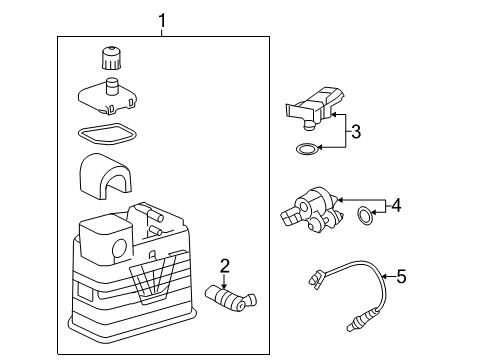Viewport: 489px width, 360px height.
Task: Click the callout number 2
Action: (225, 265)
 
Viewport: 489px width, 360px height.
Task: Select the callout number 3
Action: (355, 130)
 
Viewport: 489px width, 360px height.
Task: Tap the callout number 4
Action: (396, 205)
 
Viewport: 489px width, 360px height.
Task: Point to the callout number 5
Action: (402, 276)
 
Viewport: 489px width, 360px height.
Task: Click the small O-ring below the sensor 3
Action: (308, 151)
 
